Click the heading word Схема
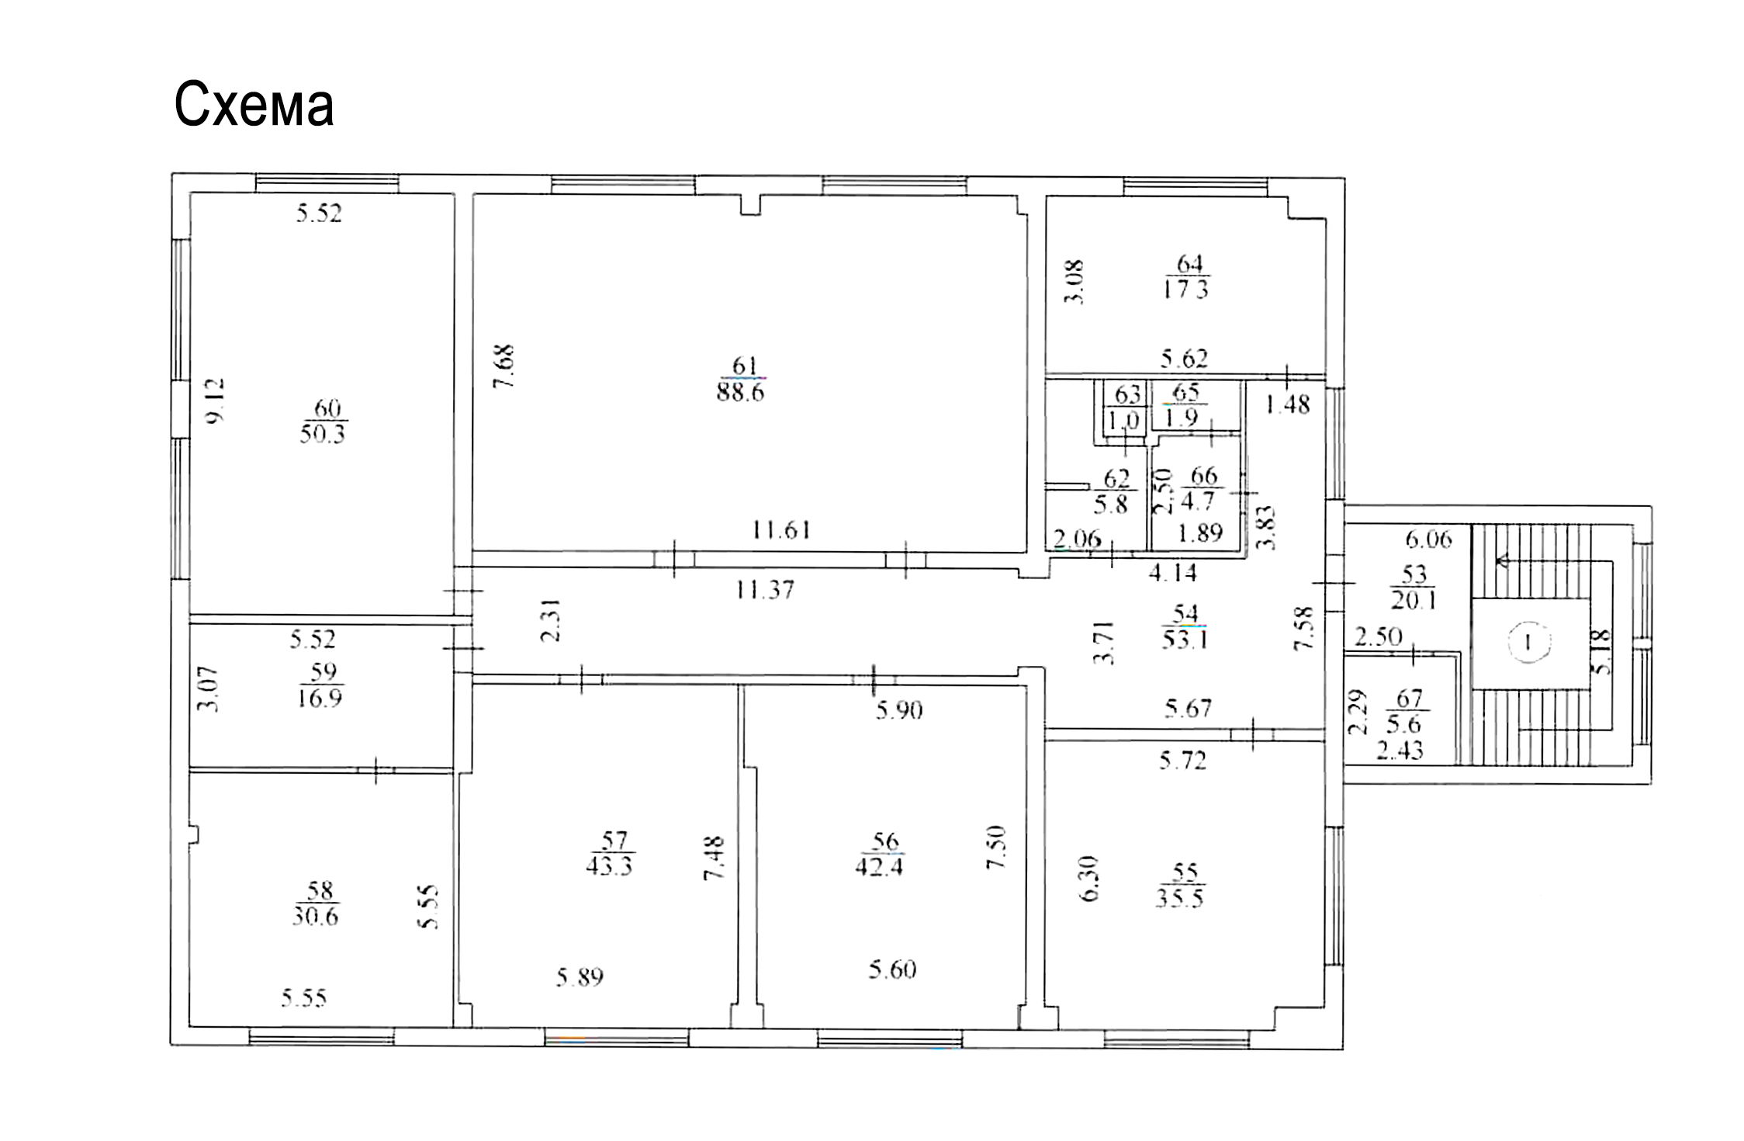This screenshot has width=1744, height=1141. (254, 104)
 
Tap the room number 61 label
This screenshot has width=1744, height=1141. (744, 366)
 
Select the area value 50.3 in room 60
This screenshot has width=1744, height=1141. (322, 433)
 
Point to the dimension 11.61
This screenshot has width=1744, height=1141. (781, 530)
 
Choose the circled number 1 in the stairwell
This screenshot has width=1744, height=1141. (1528, 643)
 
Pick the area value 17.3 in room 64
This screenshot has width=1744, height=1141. (1185, 290)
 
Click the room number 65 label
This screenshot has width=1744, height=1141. (1186, 392)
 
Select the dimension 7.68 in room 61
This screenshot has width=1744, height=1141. (504, 366)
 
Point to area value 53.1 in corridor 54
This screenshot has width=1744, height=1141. (1184, 640)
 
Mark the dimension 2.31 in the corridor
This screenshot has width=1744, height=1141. (551, 620)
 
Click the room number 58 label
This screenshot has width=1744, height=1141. (320, 890)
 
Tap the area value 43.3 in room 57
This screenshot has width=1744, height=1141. (609, 865)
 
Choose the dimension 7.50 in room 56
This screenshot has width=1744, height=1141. (996, 847)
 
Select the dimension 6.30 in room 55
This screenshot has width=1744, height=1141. (1089, 879)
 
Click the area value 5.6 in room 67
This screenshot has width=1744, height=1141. (1403, 724)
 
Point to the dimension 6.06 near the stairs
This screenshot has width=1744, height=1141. (1429, 539)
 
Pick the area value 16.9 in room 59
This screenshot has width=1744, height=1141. (319, 698)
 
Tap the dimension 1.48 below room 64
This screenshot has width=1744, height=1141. (1288, 404)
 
